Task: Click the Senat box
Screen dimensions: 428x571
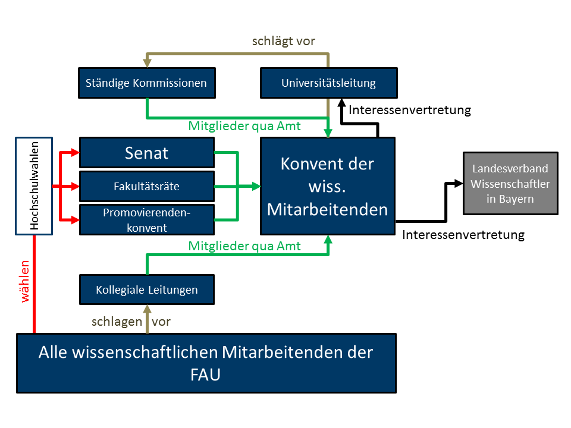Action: [x=147, y=153]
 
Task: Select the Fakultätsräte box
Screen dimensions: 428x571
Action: [x=147, y=186]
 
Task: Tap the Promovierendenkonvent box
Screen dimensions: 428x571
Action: [x=147, y=219]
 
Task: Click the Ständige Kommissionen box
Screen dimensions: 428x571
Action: [x=147, y=83]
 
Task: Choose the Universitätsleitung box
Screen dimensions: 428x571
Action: [x=328, y=83]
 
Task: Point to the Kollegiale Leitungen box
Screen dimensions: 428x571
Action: [x=147, y=290]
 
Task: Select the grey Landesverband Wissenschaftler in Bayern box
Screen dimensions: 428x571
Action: [x=510, y=183]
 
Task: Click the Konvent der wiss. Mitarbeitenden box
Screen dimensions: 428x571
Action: [x=328, y=186]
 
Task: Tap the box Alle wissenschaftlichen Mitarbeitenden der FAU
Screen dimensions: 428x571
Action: [x=206, y=363]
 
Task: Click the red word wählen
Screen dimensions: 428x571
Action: [x=25, y=281]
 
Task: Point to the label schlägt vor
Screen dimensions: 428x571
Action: [x=284, y=41]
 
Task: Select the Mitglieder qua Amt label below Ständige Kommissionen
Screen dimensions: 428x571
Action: [x=244, y=126]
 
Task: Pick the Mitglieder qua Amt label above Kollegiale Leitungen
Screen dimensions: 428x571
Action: [x=244, y=246]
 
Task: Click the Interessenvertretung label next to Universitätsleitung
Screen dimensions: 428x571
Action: [x=410, y=110]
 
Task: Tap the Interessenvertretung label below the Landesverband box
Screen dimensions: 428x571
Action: [x=463, y=235]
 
